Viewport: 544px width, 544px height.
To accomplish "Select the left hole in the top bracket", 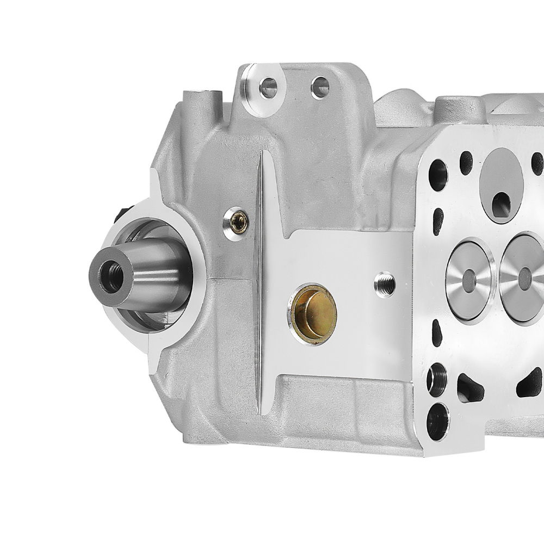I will coord(268,87).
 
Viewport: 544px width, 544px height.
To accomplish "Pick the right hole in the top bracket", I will coord(320,87).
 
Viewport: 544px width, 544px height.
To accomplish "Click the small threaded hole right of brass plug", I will coord(385,284).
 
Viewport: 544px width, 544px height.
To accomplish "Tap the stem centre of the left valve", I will coord(468,280).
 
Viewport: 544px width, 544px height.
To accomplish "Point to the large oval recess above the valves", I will coord(501,185).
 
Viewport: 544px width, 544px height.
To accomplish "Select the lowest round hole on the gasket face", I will coord(438,421).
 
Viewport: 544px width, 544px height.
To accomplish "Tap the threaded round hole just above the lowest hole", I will coord(436,379).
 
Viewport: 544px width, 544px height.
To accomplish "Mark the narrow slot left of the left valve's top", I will coord(438,221).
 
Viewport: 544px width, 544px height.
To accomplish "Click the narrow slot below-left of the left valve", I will coord(436,332).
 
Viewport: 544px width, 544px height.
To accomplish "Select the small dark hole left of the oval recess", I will coord(466,162).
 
